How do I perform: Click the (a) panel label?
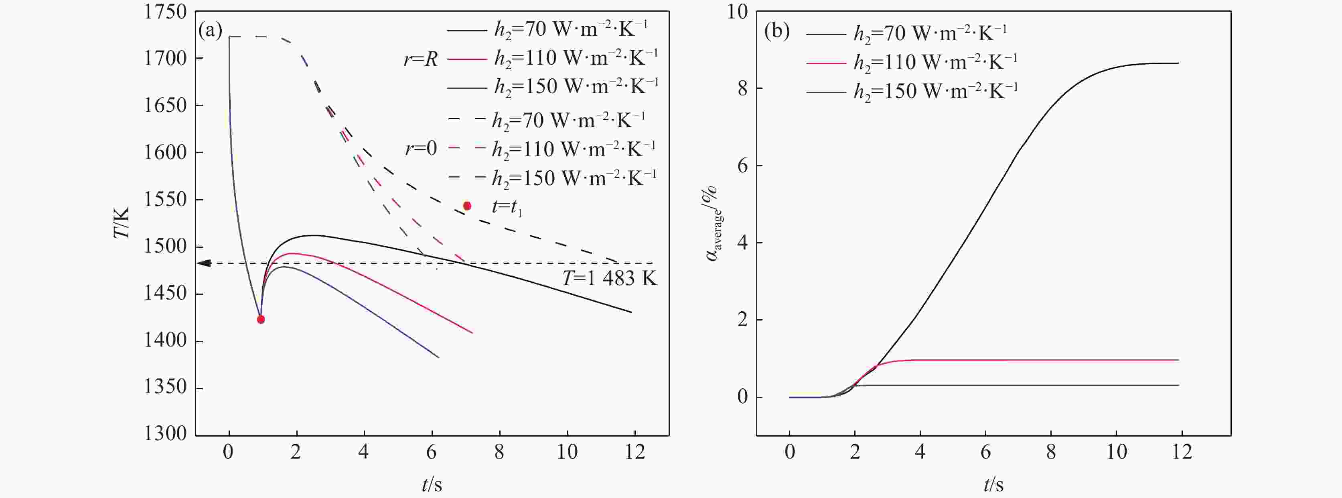211,31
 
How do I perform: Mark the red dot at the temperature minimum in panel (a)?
261,320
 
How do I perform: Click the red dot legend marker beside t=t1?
467,206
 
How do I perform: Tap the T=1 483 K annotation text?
609,278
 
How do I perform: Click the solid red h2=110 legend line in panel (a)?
466,59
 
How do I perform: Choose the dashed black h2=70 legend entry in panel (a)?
466,120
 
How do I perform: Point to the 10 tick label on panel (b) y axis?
737,12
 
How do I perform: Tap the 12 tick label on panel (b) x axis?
1182,451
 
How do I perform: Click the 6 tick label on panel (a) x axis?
432,451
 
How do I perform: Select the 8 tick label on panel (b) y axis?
743,89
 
